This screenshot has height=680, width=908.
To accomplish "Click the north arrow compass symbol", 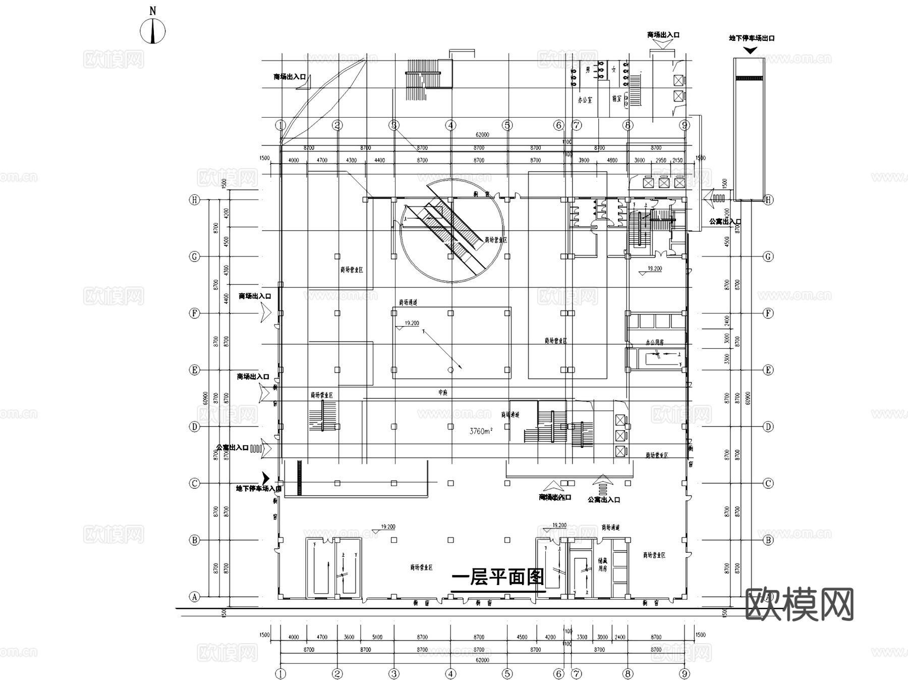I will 153,31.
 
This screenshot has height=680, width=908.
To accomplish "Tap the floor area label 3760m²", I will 481,431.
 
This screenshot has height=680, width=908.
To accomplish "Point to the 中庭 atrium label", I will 443,392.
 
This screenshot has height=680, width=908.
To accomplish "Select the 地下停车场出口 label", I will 752,38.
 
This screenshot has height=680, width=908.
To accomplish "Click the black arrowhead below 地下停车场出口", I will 750,50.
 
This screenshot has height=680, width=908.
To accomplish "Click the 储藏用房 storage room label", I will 602,564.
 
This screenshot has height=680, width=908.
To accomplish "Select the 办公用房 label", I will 655,342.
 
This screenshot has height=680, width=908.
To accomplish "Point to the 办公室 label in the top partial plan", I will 585,99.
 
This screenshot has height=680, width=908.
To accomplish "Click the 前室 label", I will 616,99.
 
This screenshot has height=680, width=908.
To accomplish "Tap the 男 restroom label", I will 588,70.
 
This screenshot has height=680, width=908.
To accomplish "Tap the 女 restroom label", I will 614,70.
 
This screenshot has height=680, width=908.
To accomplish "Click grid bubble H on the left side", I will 194,200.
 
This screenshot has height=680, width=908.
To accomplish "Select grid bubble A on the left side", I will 194,597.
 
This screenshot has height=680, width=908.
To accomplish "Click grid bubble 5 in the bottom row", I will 507,673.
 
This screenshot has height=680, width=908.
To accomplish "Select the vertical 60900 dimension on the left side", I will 205,398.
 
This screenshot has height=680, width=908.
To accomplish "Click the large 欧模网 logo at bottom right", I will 800,604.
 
